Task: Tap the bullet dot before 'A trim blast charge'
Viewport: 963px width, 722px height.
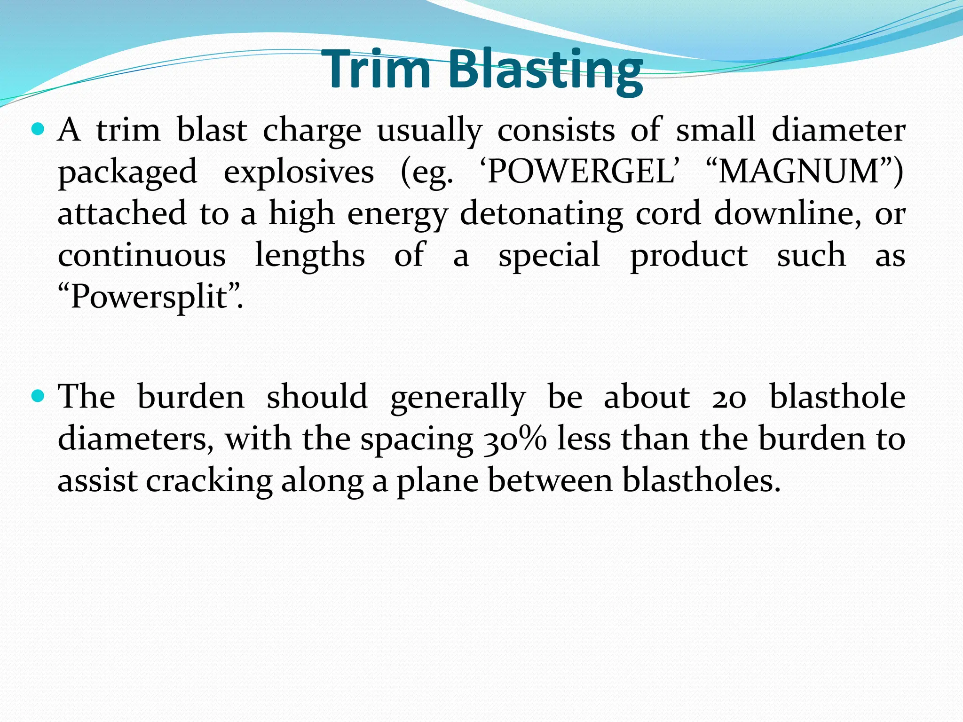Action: (37, 129)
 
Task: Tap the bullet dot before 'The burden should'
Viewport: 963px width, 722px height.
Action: (37, 396)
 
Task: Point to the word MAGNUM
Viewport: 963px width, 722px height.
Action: (799, 172)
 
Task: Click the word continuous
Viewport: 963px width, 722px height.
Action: (142, 256)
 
